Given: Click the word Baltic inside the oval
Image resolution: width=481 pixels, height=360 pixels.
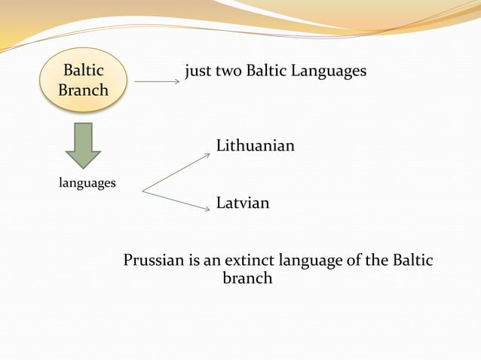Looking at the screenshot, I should [x=83, y=72].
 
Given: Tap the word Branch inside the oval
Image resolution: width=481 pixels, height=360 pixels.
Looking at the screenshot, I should [x=83, y=90].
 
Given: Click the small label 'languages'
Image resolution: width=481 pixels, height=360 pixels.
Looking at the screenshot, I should [x=87, y=183].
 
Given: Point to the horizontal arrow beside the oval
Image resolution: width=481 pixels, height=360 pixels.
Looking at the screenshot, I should [x=157, y=81].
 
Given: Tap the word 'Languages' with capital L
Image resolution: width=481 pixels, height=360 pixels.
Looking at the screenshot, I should [x=330, y=72].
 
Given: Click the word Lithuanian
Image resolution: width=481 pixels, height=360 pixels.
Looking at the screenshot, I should [x=255, y=145].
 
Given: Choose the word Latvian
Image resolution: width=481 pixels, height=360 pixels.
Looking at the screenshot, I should [x=242, y=203].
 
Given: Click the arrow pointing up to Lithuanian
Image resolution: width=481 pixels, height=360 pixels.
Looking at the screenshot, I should [x=178, y=172].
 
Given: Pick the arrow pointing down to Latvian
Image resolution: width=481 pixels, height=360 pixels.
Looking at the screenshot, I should [x=178, y=201].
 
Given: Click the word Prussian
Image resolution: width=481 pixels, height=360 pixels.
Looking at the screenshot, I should [x=154, y=261].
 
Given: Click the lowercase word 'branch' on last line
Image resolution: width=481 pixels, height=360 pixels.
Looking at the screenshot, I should [x=247, y=279].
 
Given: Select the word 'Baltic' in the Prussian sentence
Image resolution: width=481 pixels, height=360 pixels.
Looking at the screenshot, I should [x=412, y=261].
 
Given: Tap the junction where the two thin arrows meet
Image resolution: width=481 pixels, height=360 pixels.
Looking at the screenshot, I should [x=142, y=191].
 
